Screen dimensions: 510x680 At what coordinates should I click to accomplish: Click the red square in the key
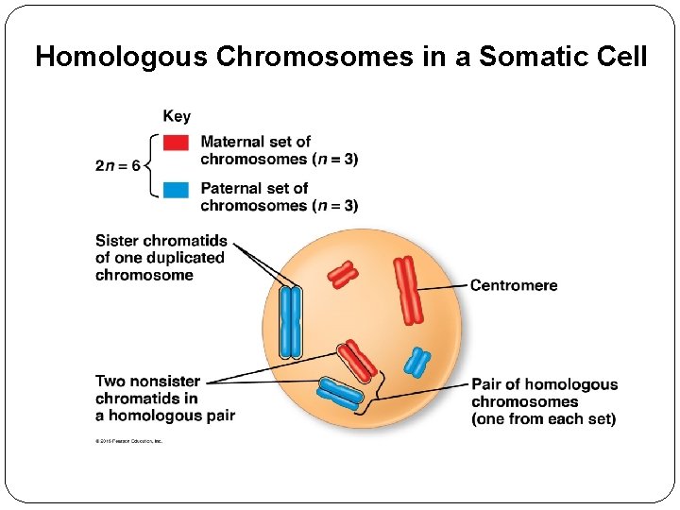[x=176, y=143]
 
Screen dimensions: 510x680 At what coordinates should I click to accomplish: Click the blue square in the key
[x=176, y=189]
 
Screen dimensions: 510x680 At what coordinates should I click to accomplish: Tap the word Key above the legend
[x=177, y=116]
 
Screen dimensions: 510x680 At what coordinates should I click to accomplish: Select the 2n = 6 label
[x=117, y=166]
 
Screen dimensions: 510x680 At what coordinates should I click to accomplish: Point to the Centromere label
[x=514, y=285]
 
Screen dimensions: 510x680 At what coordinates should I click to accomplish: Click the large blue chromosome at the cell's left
[x=291, y=322]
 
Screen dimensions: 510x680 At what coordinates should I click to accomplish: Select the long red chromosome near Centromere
[x=408, y=289]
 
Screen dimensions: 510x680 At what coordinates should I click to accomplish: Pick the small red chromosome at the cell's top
[x=342, y=275]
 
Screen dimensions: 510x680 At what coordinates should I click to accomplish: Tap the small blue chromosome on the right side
[x=416, y=361]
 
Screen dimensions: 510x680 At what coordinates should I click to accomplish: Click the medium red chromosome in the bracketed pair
[x=358, y=360]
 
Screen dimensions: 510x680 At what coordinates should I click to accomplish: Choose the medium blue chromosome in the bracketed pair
[x=339, y=393]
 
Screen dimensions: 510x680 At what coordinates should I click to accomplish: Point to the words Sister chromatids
[x=161, y=241]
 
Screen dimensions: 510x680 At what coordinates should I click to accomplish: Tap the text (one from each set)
[x=543, y=418]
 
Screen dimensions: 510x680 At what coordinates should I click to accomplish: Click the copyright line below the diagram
[x=129, y=441]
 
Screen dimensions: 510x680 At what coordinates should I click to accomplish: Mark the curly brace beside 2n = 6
[x=151, y=166]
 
